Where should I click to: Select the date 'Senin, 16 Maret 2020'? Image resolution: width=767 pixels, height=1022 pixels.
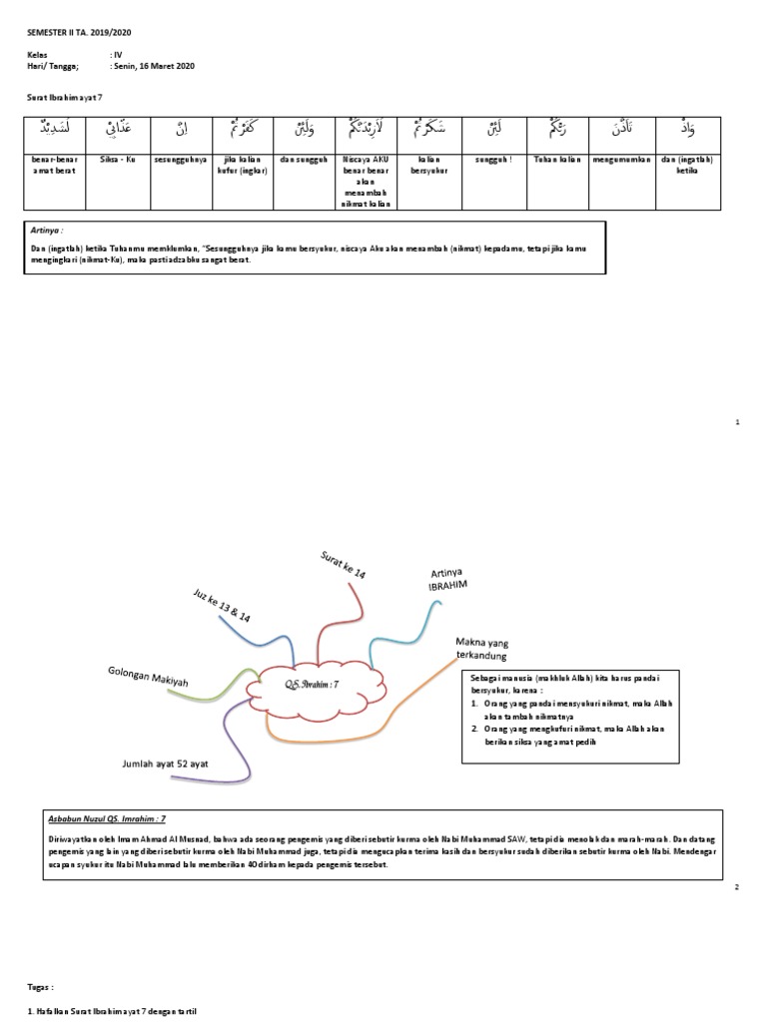tap(157, 66)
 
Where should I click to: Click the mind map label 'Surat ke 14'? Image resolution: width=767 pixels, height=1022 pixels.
tap(343, 565)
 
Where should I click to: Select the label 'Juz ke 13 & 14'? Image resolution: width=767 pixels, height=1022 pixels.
tap(221, 605)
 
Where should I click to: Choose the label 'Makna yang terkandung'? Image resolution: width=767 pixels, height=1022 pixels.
tap(482, 649)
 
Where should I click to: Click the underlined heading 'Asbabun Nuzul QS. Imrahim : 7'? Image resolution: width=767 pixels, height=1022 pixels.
tap(107, 817)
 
